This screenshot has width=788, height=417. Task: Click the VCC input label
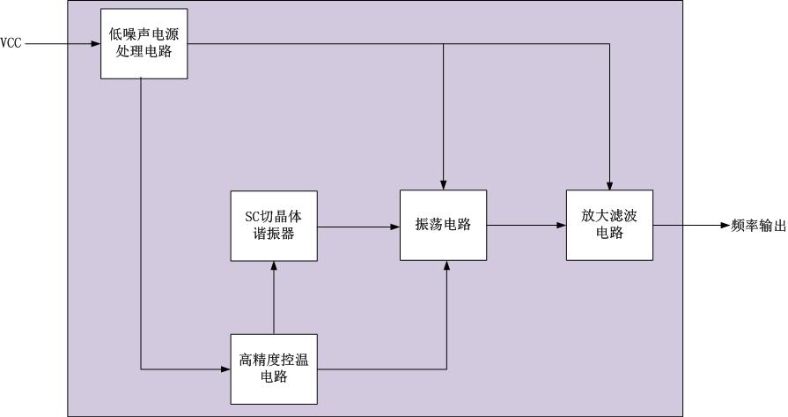(11, 43)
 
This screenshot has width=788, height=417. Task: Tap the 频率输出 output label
(759, 226)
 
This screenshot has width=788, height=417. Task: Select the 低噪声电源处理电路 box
(144, 44)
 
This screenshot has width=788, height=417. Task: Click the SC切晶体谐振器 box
(274, 226)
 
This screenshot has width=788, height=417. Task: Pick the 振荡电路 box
(443, 226)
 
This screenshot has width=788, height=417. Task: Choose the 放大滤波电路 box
(609, 226)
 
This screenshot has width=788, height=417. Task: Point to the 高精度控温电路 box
(274, 369)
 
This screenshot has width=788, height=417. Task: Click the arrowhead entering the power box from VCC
(96, 44)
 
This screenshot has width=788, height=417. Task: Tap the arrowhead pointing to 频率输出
(725, 226)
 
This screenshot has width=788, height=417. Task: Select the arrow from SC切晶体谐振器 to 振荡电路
(359, 227)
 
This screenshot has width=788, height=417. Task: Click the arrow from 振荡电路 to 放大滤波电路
(527, 226)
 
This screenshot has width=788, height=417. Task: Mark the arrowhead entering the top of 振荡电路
(443, 186)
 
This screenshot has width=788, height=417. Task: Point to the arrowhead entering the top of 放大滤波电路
(609, 186)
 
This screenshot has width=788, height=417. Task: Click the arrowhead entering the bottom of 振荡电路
(446, 265)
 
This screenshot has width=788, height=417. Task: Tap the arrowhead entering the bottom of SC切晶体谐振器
(274, 265)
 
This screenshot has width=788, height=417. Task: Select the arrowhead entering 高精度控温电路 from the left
(226, 369)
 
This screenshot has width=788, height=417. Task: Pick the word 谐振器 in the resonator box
(274, 234)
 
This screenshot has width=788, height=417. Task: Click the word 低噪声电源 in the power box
(144, 34)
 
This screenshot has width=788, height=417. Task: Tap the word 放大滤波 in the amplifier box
(609, 216)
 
